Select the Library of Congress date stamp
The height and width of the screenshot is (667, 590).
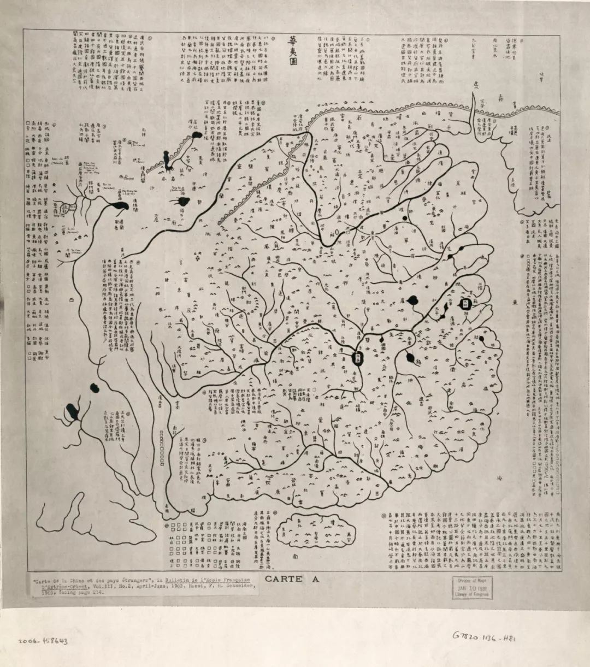click(x=471, y=587)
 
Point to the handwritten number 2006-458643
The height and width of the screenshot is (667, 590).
click(x=43, y=641)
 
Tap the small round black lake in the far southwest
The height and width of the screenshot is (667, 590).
click(x=95, y=388)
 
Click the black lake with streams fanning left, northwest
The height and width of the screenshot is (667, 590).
click(x=183, y=202)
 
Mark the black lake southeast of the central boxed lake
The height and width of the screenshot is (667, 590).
click(x=410, y=358)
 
